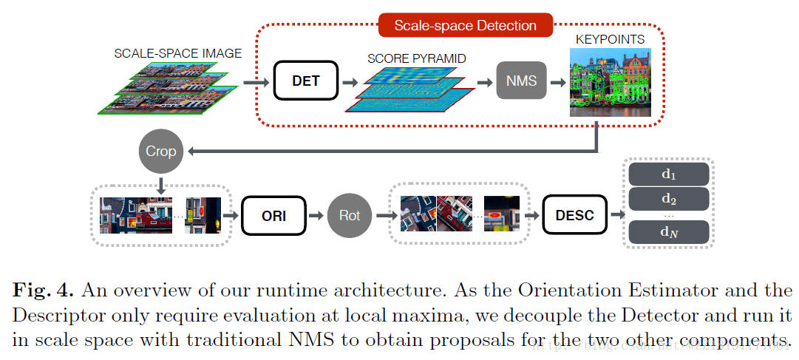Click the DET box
pos(305,81)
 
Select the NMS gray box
pos(521,81)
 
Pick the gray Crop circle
pos(160,152)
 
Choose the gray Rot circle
pos(349,216)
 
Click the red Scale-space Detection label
pos(465,25)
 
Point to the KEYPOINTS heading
pos(611,39)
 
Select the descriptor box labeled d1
pos(668,174)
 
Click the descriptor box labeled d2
pos(668,198)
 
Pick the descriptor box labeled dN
pos(668,232)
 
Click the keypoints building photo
pos(611,82)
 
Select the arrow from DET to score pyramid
pos(350,81)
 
